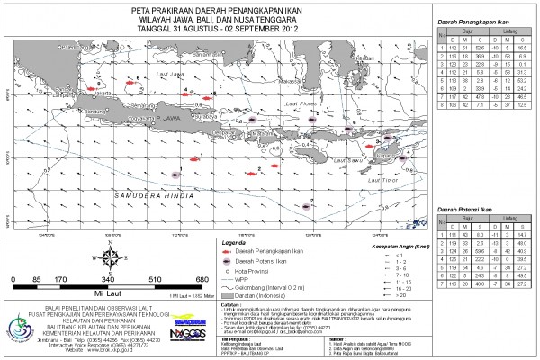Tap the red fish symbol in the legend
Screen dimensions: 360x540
pyautogui.click(x=229, y=251)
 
